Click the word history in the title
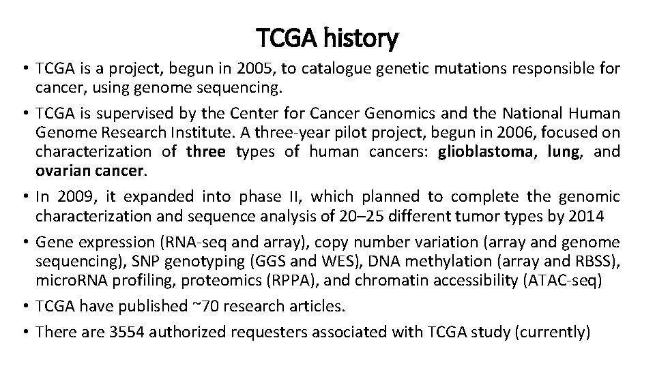coord(361,40)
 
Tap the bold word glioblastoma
coord(484,151)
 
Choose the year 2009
coord(72,198)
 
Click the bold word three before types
coord(205,151)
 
